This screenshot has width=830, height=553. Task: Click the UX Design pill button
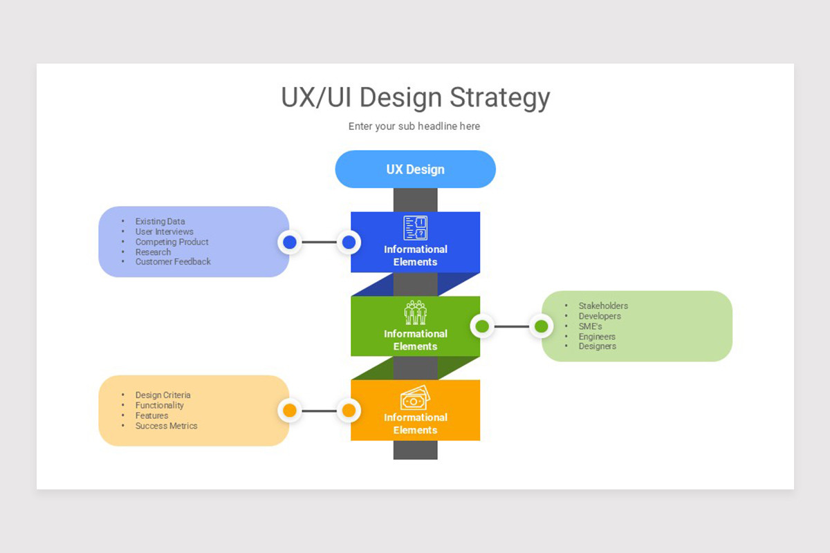415,169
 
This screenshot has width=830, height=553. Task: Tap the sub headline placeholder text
414,126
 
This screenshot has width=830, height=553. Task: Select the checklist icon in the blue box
415,228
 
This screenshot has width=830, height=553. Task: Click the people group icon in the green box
415,312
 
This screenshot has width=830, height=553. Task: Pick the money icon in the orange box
415,397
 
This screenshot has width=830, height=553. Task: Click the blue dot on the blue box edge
349,242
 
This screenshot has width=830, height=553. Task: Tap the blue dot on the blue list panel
290,242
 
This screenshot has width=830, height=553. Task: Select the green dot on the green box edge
482,326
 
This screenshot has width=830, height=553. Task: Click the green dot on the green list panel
541,326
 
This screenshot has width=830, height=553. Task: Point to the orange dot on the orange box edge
349,411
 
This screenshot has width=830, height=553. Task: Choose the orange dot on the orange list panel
290,411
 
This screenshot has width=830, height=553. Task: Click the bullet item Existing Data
160,222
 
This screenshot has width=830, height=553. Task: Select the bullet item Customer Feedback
173,262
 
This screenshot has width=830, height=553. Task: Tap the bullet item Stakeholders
603,306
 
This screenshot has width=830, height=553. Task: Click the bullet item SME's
590,326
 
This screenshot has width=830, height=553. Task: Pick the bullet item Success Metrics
166,426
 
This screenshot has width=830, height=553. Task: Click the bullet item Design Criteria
163,395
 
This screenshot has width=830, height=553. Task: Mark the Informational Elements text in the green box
415,340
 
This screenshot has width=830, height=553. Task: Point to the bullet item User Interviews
164,232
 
